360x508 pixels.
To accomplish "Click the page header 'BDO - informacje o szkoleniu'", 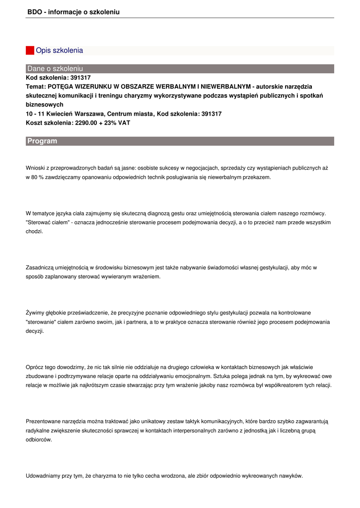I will pos(73,12).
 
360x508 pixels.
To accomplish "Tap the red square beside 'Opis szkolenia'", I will pos(30,51).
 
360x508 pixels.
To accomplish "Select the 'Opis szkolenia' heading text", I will pos(59,51).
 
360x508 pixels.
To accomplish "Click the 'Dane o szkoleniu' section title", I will pos(55,68).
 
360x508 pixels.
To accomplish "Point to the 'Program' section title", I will pos(42,141).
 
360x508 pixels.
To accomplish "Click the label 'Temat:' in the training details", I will pos(36,87).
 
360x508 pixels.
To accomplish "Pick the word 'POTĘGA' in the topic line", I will pos(60,87).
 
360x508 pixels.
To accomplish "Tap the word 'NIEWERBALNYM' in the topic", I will pos(226,87).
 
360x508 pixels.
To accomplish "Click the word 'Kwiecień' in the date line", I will pos(59,114).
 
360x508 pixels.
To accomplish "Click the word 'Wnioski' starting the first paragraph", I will pos(35,168).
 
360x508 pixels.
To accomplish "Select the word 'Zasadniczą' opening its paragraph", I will pos(40,267).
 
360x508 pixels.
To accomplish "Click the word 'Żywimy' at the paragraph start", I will pos(35,313).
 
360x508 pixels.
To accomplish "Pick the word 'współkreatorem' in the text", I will pos(286,385).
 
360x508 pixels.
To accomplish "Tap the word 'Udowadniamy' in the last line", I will pos(43,476).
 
